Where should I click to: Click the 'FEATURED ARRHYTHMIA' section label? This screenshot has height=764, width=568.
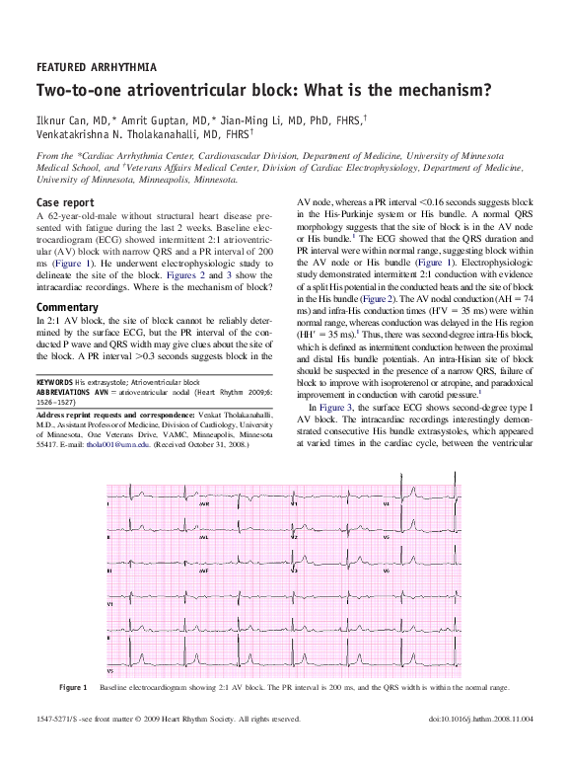click(x=96, y=67)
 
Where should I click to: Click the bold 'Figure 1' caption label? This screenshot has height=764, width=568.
click(x=73, y=686)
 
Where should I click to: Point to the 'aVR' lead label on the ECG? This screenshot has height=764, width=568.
click(x=204, y=502)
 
